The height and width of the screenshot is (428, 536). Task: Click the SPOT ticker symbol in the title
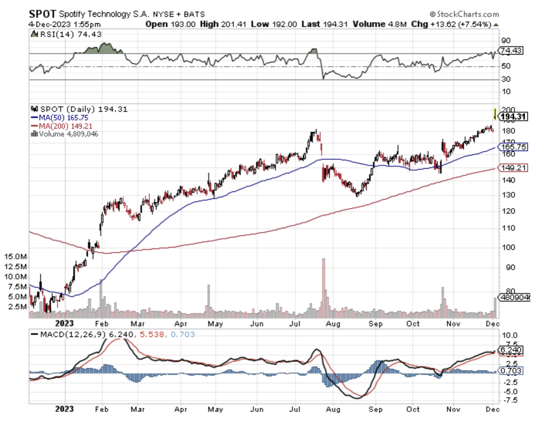coord(42,14)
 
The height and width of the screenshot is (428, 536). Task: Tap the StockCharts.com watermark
coord(464,14)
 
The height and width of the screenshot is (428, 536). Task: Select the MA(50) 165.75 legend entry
coord(63,117)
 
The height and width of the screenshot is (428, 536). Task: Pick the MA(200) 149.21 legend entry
coord(65,126)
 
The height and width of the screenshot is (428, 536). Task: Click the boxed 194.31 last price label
coord(513,117)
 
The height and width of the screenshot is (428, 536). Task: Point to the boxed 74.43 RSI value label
coord(511,50)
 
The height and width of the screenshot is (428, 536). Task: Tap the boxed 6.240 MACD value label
coord(511,350)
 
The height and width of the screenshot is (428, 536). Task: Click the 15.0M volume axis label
coord(16,257)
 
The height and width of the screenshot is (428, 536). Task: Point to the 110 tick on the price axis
coord(509,228)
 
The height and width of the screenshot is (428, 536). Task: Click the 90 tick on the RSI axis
coord(506,40)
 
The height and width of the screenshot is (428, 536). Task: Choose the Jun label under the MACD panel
coord(257,409)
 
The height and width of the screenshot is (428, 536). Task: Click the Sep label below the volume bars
coord(375,324)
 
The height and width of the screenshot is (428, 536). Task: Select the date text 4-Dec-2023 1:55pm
coord(65,24)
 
